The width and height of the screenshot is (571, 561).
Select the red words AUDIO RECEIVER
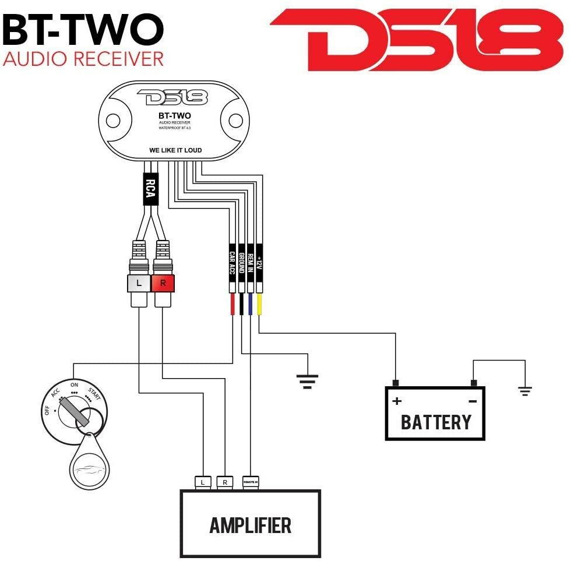pyautogui.click(x=83, y=59)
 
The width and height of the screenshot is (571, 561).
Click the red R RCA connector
pyautogui.click(x=163, y=284)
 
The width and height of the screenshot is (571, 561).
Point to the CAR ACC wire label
pyautogui.click(x=232, y=263)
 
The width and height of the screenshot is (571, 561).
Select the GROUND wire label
pyautogui.click(x=241, y=263)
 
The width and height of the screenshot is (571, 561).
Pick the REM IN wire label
pyautogui.click(x=251, y=263)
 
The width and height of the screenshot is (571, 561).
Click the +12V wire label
pyautogui.click(x=259, y=263)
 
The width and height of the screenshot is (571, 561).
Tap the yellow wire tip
pyautogui.click(x=259, y=305)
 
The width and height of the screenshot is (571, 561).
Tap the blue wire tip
pyautogui.click(x=251, y=305)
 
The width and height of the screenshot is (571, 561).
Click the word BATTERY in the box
pyautogui.click(x=435, y=421)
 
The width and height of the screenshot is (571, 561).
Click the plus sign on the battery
pyautogui.click(x=397, y=401)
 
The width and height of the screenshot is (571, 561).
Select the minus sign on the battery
pyautogui.click(x=473, y=401)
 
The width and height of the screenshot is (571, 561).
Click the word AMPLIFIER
pyautogui.click(x=250, y=525)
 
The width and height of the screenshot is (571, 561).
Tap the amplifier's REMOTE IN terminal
pyautogui.click(x=251, y=482)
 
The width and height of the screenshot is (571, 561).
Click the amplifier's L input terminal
pyautogui.click(x=202, y=482)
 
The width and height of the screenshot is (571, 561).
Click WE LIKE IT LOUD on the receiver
pyautogui.click(x=175, y=150)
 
